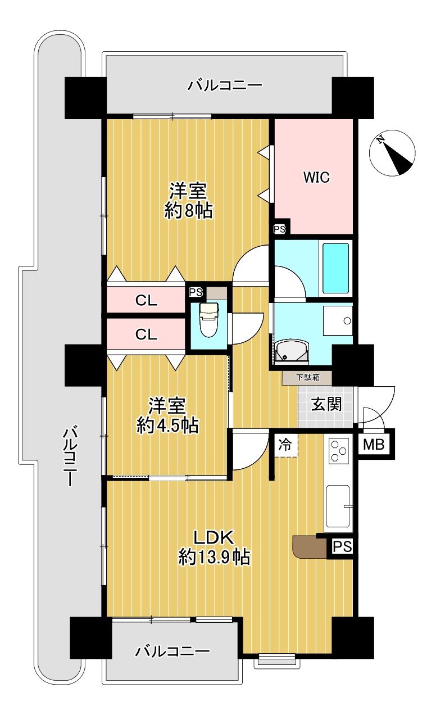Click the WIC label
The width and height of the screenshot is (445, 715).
pyautogui.click(x=316, y=177)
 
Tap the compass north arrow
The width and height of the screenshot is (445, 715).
pyautogui.click(x=392, y=152)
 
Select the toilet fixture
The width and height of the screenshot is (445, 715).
pyautogui.click(x=208, y=320)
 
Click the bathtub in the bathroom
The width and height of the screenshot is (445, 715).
pyautogui.click(x=335, y=268)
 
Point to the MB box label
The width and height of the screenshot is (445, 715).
pyautogui.click(x=374, y=444)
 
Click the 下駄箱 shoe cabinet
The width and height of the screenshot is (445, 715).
pyautogui.click(x=307, y=378)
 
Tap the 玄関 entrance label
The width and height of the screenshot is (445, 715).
pyautogui.click(x=326, y=404)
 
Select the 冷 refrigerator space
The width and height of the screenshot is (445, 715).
pyautogui.click(x=285, y=445)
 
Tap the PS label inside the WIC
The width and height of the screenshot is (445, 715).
pyautogui.click(x=280, y=229)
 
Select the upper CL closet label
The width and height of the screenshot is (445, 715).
pyautogui.click(x=146, y=300)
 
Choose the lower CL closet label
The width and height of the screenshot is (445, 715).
pyautogui.click(x=146, y=334)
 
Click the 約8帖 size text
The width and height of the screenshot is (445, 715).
pyautogui.click(x=189, y=211)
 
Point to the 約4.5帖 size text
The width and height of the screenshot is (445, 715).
pyautogui.click(x=168, y=425)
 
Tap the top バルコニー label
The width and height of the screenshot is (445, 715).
pyautogui.click(x=225, y=85)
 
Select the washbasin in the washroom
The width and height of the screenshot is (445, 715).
pyautogui.click(x=292, y=352)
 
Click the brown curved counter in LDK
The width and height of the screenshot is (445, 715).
pyautogui.click(x=310, y=547)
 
